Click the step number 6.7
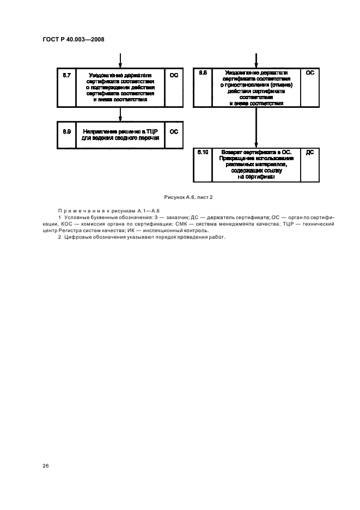point(67,75)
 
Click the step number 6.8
point(203,72)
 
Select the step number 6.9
point(67,131)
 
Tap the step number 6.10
point(203,152)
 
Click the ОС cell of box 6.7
point(174,75)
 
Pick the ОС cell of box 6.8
point(310,72)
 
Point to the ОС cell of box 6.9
point(174,131)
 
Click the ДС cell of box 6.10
point(310,153)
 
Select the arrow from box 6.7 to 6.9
point(120,114)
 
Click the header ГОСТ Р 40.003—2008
point(73,39)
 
